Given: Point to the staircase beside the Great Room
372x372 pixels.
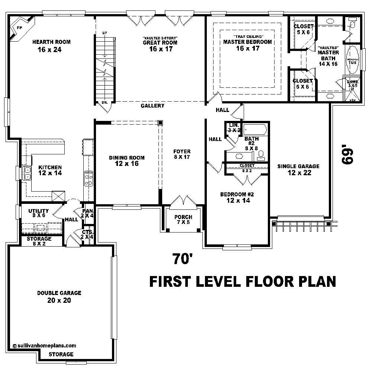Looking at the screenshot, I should coord(105,69).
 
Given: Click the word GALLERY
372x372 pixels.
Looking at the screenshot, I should coord(153,106).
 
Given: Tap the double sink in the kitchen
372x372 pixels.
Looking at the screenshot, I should coord(27,173).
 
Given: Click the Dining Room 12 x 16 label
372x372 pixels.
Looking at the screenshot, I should coord(127,160).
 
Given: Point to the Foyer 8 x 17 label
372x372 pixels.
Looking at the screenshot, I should coord(182,154).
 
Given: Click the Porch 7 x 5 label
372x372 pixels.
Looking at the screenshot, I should coord(183,220).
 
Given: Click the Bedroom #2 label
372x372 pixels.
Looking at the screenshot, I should coord(237,198).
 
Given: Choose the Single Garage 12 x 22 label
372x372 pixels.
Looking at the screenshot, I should coord(298,169).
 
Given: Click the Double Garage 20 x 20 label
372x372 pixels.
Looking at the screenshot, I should coord(59,296).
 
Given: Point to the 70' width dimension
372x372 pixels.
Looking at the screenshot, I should coord(182,259).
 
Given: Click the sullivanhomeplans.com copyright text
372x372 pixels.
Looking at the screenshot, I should coord(44,345).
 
